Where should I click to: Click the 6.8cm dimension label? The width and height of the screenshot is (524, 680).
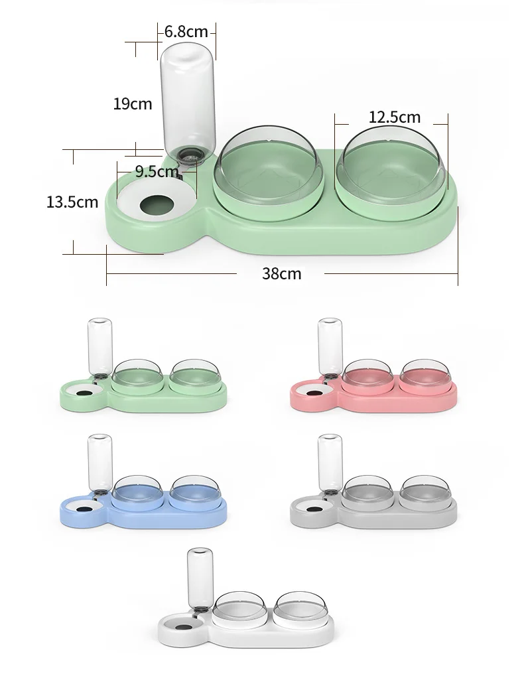pyautogui.click(x=186, y=31)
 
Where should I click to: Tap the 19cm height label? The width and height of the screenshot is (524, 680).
pyautogui.click(x=132, y=103)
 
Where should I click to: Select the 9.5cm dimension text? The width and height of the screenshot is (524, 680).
pyautogui.click(x=157, y=172)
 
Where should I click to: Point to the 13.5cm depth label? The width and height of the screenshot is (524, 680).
pyautogui.click(x=72, y=202)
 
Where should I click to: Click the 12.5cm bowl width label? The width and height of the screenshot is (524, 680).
pyautogui.click(x=395, y=117)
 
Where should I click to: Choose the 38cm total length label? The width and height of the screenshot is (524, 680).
pyautogui.click(x=281, y=273)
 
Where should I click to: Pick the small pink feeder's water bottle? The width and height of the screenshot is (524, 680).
pyautogui.click(x=330, y=346)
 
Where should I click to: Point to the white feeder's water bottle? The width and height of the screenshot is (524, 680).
pyautogui.click(x=197, y=576)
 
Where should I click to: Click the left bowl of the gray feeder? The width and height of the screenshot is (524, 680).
pyautogui.click(x=367, y=492)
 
